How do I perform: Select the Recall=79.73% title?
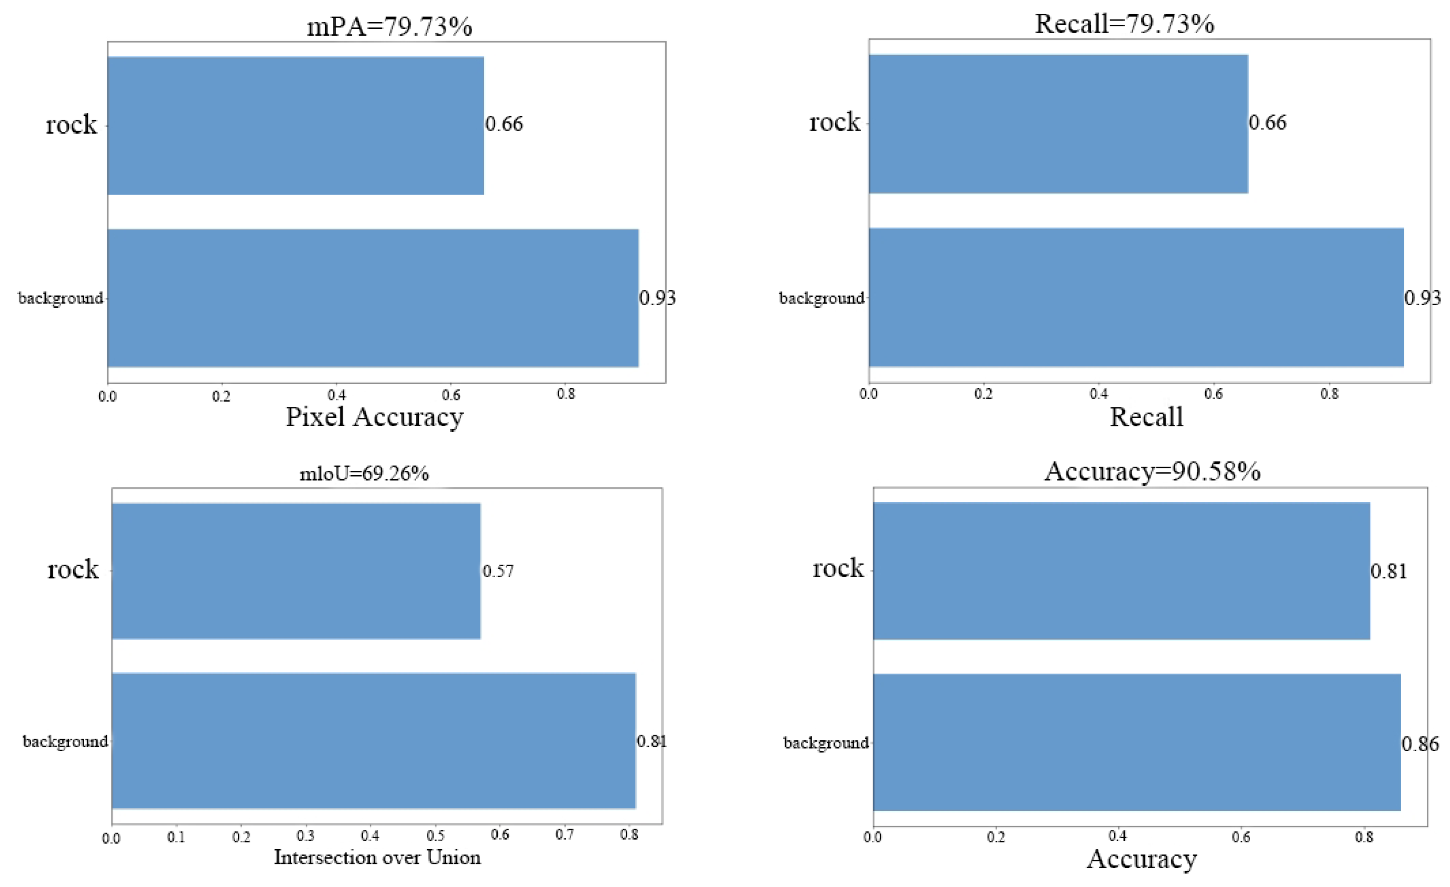pyautogui.click(x=1124, y=24)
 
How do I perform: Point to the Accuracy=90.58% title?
pyautogui.click(x=1152, y=471)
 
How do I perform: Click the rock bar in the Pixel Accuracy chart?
pyautogui.click(x=295, y=125)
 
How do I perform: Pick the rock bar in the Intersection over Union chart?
pyautogui.click(x=296, y=571)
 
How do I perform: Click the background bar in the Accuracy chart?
pyautogui.click(x=1136, y=743)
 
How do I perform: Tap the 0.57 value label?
pyautogui.click(x=498, y=571)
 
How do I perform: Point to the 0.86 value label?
pyautogui.click(x=1420, y=744)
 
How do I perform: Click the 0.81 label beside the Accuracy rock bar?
pyautogui.click(x=1389, y=571)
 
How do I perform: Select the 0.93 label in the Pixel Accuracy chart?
pyautogui.click(x=658, y=298)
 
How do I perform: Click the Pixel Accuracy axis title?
pyautogui.click(x=374, y=417)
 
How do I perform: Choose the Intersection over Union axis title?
pyautogui.click(x=377, y=857)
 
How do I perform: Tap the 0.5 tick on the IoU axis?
pyautogui.click(x=435, y=836)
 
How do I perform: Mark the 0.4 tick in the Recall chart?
pyautogui.click(x=1098, y=394)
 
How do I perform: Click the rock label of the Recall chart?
pyautogui.click(x=834, y=122)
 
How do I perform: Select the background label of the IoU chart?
pyautogui.click(x=65, y=741)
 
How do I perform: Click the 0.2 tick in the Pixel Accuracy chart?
pyautogui.click(x=221, y=396)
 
